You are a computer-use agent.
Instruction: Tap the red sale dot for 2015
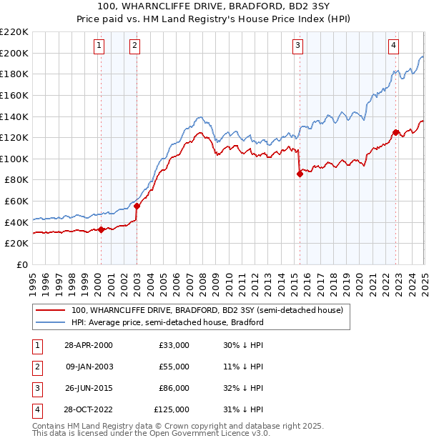[x=300, y=174]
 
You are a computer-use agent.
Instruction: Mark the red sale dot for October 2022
[x=395, y=132]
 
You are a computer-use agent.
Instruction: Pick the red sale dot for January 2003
[x=137, y=206]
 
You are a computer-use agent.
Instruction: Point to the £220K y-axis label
[x=14, y=31]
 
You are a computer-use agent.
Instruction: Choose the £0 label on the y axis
[x=24, y=264]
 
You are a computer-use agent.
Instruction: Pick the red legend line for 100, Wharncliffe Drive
[x=50, y=311]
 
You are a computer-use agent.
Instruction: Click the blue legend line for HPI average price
[x=50, y=322]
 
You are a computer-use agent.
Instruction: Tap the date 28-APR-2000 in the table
[x=89, y=345]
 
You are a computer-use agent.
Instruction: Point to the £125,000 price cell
[x=172, y=409]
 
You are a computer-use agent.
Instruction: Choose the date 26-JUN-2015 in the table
[x=89, y=388]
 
